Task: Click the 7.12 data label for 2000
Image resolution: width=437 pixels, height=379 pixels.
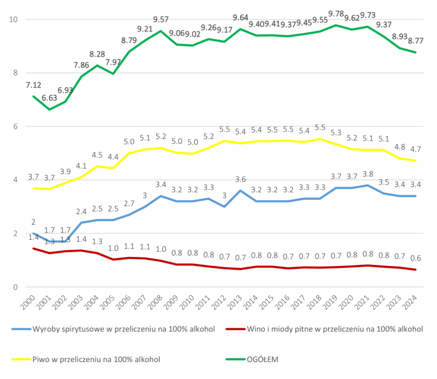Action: click(x=33, y=85)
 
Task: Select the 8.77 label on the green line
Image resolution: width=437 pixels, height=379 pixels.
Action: click(x=415, y=41)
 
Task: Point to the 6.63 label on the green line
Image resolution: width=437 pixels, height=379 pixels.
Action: click(x=50, y=98)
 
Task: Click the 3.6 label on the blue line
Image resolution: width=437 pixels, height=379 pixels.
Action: click(x=241, y=179)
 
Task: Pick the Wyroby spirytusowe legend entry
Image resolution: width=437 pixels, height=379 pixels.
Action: click(x=124, y=329)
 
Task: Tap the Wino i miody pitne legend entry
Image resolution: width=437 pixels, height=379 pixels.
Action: click(x=335, y=329)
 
